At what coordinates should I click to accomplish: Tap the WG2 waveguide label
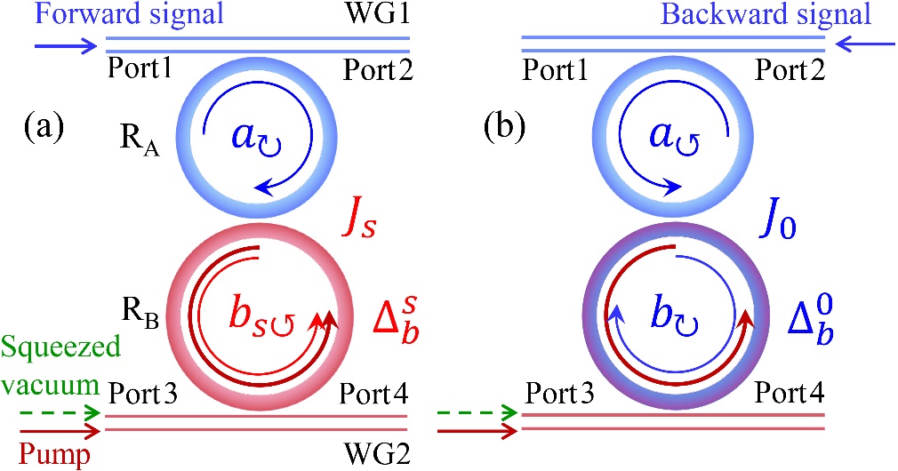381,457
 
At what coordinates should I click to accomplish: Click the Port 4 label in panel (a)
373,391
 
